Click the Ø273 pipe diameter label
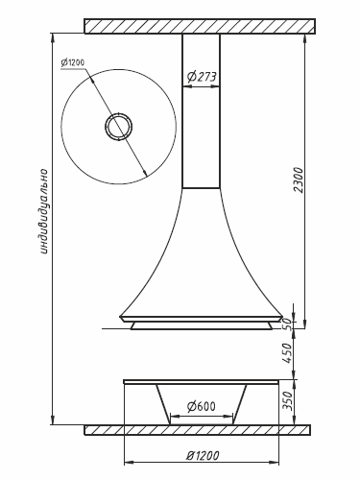(202, 76)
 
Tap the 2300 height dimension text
(299, 180)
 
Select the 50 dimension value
(289, 324)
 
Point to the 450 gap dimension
(288, 353)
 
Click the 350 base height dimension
(288, 400)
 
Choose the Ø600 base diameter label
(202, 406)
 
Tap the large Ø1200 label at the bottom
(203, 455)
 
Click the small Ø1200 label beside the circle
(73, 62)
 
